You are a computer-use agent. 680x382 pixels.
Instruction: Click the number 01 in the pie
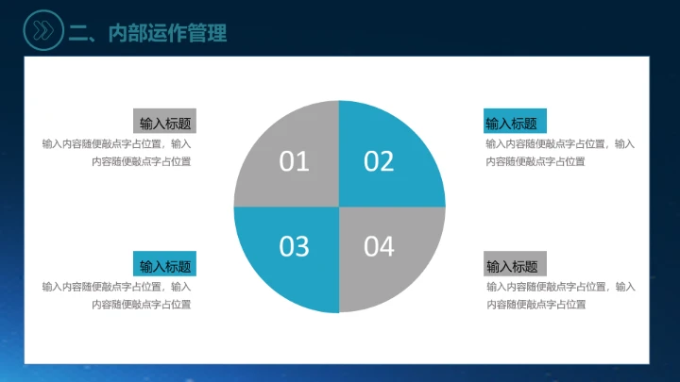[x=295, y=161]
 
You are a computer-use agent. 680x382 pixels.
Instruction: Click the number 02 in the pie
[x=378, y=161]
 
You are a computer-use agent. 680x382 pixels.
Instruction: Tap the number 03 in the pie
[x=295, y=246]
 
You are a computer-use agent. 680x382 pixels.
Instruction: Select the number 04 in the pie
[x=378, y=246]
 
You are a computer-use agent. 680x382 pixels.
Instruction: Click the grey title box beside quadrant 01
[x=164, y=122]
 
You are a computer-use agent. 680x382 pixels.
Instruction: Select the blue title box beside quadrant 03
[x=164, y=265]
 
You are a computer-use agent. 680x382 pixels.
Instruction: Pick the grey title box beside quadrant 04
[x=515, y=265]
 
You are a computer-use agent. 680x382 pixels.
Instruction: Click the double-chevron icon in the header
[x=42, y=32]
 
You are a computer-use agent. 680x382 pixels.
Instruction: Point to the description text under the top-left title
[x=117, y=153]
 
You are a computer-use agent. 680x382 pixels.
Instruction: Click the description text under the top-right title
[x=559, y=153]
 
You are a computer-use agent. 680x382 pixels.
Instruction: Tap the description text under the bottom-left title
[x=117, y=295]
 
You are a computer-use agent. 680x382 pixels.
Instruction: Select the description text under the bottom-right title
[x=559, y=295]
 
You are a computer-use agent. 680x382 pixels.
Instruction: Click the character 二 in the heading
[x=79, y=33]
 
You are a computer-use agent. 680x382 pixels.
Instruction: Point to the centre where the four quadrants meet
[x=338, y=206]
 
